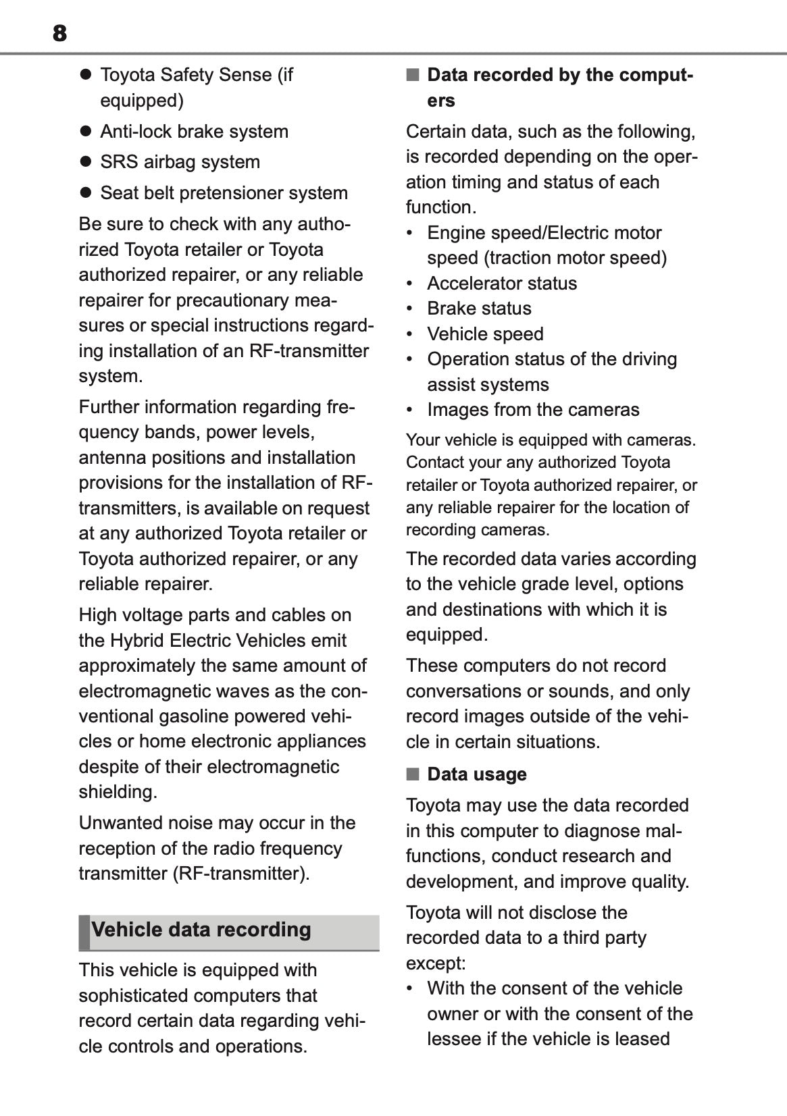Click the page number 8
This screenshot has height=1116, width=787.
(x=59, y=33)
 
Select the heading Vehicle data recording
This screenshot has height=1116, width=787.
(x=201, y=930)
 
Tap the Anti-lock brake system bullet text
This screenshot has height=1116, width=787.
(x=194, y=131)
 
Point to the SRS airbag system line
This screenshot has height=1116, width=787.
(x=180, y=162)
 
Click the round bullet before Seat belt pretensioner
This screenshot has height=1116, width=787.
(x=85, y=193)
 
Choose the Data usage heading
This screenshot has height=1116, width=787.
(x=477, y=774)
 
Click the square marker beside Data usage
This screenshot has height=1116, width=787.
(x=412, y=774)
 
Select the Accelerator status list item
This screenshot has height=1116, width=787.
(x=502, y=283)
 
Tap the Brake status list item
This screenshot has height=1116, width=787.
(x=479, y=309)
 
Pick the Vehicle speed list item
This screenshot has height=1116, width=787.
(x=485, y=334)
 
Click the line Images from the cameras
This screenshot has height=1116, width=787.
(x=533, y=410)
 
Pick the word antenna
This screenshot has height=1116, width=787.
(x=111, y=458)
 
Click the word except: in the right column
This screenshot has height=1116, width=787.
(x=436, y=963)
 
